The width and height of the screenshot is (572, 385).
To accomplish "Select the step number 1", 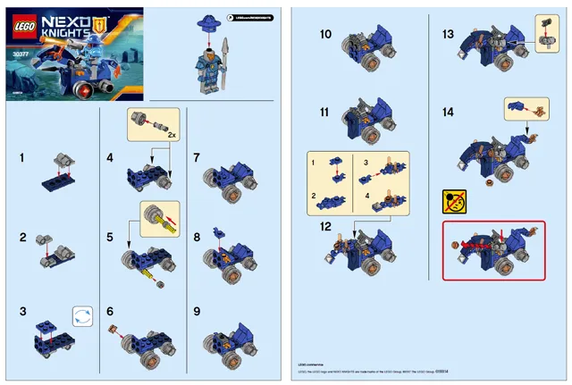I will click(x=21, y=158).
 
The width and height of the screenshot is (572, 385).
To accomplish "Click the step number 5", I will click(x=110, y=239).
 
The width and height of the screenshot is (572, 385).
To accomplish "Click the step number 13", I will click(x=449, y=34).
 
